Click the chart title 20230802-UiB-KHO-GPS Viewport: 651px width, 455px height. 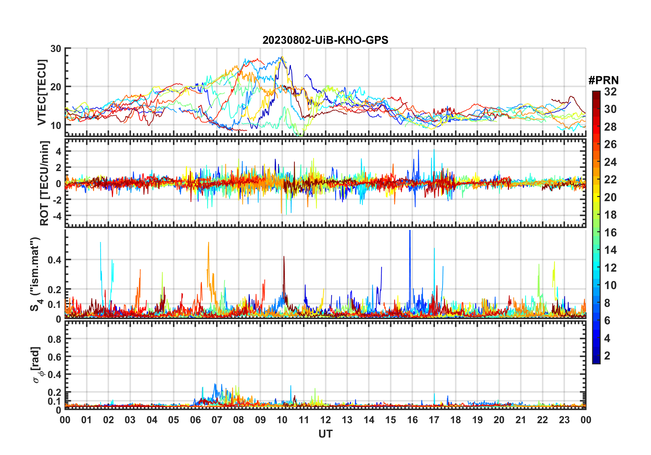325,40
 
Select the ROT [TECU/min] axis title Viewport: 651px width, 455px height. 44,183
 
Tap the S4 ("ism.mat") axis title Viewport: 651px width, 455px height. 35,274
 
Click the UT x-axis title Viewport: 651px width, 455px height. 325,434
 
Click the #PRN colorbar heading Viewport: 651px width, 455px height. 603,80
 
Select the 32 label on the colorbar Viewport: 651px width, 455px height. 610,92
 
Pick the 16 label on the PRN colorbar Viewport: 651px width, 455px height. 610,233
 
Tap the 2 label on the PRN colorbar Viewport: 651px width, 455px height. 607,356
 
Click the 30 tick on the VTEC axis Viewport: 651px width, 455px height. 56,49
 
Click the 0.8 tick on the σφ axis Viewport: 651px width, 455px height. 54,339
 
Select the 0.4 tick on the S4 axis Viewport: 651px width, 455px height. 54,260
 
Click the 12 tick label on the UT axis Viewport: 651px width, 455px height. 325,420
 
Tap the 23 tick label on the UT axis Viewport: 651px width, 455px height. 564,420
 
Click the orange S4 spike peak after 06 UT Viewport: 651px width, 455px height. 208,243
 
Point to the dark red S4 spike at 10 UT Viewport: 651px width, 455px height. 284,257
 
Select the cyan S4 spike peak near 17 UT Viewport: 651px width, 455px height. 434,249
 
